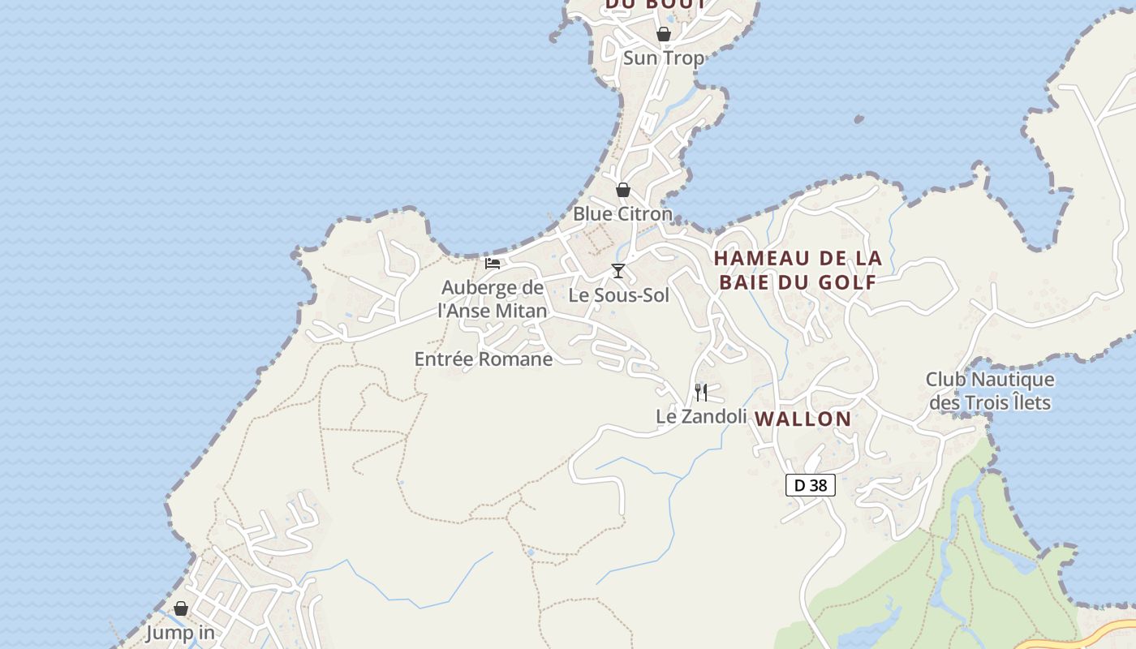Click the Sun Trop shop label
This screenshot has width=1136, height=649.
pos(663,58)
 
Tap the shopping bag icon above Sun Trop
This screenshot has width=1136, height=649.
pos(664,34)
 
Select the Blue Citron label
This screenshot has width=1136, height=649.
pos(622,214)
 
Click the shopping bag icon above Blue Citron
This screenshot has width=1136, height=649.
pos(623,190)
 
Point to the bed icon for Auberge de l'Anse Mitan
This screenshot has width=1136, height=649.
pos(493,263)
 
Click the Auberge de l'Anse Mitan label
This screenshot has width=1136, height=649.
pos(493,299)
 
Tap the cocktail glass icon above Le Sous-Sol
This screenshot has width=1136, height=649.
pos(618,271)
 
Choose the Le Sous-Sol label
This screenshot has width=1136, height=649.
pos(618,295)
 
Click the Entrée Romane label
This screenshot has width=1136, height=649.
pos(484,359)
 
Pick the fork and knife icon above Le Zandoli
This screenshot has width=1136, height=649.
pos(701,393)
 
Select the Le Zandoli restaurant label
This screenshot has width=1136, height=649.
pos(701,416)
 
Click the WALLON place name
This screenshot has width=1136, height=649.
pos(803,419)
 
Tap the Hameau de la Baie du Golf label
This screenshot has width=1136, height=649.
pos(798,270)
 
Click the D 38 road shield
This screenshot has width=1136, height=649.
pos(811,485)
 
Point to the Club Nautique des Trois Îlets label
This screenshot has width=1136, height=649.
pos(990,391)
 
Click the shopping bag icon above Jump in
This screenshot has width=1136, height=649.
pos(181,608)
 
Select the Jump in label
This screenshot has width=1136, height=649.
pos(180,632)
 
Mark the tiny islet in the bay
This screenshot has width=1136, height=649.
pos(858,120)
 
